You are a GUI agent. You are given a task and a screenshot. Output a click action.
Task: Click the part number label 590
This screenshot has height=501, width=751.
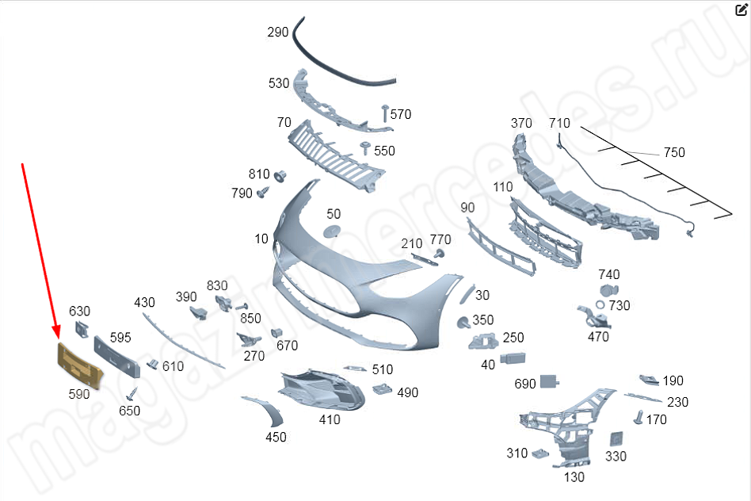[x=79, y=394]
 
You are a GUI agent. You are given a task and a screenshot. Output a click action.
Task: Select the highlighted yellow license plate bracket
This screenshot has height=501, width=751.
[x=79, y=366]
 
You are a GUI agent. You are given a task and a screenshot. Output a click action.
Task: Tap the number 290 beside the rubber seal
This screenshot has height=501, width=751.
[x=278, y=33]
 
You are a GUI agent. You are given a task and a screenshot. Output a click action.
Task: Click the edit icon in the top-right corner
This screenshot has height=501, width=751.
[x=741, y=10]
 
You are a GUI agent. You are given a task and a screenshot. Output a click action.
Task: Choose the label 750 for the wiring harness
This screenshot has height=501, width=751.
[x=674, y=152]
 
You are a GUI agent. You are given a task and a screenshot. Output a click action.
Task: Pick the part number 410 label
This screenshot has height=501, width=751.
[x=330, y=419]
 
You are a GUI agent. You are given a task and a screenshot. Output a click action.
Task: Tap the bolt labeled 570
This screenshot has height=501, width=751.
[x=385, y=108]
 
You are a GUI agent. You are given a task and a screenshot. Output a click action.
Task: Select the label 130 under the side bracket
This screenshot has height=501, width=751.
[x=574, y=477]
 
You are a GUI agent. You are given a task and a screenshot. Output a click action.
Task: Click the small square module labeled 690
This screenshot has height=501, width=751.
[x=550, y=382]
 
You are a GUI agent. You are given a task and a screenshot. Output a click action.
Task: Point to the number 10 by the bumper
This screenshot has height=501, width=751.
[x=261, y=239]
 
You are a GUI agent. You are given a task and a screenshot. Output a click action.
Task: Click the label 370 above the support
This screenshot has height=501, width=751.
[x=521, y=123]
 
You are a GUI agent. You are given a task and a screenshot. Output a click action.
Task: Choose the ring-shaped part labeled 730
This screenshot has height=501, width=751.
[x=600, y=305]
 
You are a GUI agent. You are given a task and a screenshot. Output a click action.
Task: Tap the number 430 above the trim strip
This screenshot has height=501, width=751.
[x=144, y=302]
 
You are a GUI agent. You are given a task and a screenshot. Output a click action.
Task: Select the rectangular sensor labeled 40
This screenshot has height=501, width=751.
[x=514, y=359]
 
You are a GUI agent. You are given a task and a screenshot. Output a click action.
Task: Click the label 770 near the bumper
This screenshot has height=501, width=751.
[x=440, y=239]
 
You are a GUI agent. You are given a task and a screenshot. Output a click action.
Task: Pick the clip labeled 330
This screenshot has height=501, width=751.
[x=616, y=438]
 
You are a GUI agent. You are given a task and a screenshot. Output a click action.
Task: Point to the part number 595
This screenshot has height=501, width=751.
[x=120, y=337]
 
